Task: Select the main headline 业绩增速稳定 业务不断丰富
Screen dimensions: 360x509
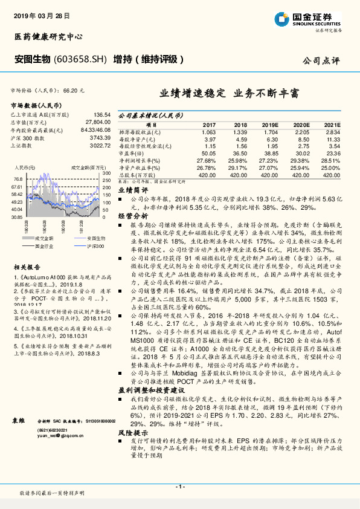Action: point(229,94)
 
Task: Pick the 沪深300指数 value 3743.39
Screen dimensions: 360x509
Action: point(98,137)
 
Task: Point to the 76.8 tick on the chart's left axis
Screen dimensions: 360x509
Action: point(18,179)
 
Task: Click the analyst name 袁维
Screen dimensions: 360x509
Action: point(18,420)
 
